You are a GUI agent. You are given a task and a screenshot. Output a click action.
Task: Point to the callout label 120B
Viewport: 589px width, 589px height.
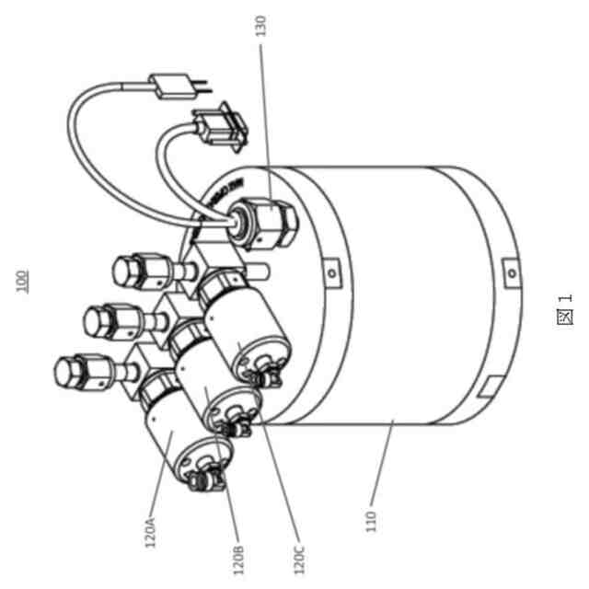click(x=238, y=556)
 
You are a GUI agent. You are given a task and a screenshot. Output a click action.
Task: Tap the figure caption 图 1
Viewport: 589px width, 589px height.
click(x=564, y=309)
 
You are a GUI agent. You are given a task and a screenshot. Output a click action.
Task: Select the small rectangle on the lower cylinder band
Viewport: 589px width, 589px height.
click(x=488, y=386)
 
